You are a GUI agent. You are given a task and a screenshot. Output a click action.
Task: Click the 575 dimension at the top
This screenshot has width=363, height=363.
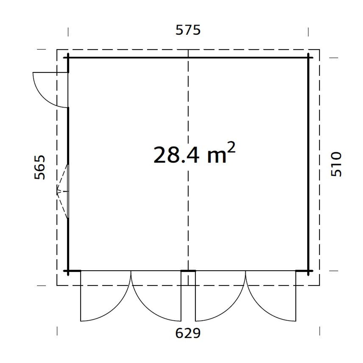point(188,30)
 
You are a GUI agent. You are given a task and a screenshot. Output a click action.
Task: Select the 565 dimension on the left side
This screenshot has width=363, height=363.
point(40,167)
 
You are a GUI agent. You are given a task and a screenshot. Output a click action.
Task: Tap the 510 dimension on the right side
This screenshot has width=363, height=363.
point(336,164)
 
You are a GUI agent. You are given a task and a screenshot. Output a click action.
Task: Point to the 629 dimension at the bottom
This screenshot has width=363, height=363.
point(188,333)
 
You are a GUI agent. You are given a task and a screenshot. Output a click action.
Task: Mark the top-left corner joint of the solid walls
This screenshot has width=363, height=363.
point(68,58)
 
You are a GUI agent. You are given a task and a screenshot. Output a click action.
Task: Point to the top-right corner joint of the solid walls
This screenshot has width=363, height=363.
point(308,58)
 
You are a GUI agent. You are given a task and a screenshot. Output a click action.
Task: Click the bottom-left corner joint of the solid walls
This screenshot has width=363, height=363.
point(68,271)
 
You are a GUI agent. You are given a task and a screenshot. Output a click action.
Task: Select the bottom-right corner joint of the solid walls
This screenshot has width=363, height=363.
point(308,271)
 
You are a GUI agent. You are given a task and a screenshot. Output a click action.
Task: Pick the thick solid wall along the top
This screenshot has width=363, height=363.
point(130,58)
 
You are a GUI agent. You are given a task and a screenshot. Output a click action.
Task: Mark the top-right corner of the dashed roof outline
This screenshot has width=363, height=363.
point(319,49)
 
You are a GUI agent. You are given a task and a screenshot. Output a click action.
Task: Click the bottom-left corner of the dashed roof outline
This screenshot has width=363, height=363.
point(57,285)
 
